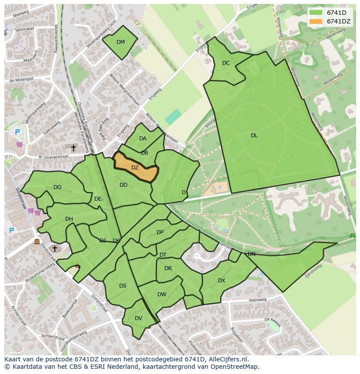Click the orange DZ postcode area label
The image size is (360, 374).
click(135, 168)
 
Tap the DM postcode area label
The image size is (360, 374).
click(120, 42)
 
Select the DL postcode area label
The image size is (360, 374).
click(254, 136)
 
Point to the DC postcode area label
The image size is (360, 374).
click(226, 63)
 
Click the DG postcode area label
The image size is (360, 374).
click(57, 187)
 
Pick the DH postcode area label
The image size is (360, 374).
click(69, 219)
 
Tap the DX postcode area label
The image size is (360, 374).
click(221, 281)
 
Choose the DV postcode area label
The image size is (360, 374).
click(138, 318)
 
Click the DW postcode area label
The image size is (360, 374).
click(162, 295)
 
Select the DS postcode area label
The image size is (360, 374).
click(123, 286)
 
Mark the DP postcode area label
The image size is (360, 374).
click(160, 232)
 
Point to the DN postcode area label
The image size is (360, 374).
click(251, 254)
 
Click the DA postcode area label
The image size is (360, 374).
click(143, 139)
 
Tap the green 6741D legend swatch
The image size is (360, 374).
click(316, 13)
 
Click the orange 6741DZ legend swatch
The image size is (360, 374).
click(316, 21)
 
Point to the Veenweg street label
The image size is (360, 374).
click(258, 300)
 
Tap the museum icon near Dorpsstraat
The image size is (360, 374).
click(37, 242)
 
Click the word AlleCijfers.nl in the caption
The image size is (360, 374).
click(227, 359)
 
